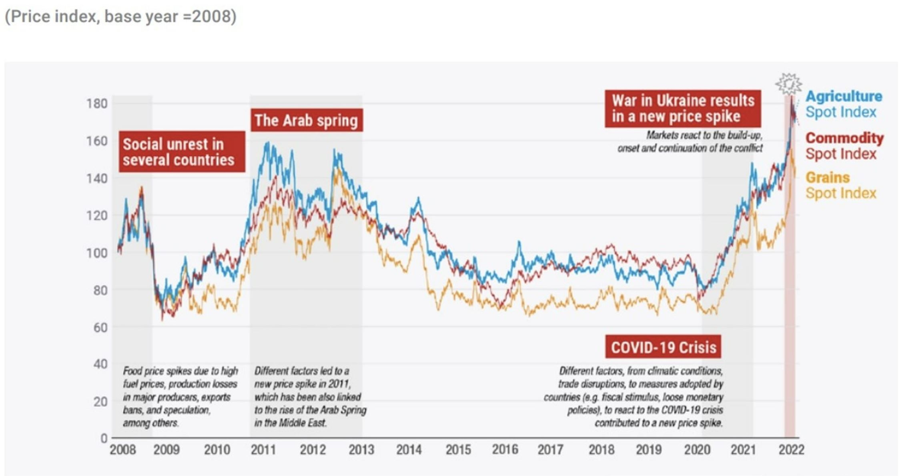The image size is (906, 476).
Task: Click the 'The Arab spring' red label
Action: [307, 120]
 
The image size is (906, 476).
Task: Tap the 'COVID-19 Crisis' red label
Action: [663, 347]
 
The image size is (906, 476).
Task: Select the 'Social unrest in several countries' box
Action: [182, 152]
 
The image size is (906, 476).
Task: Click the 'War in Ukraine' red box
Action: [683, 108]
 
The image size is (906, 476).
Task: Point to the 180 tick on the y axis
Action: [97, 104]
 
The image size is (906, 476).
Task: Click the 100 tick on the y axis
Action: [97, 253]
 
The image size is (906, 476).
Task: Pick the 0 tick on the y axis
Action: [103, 438]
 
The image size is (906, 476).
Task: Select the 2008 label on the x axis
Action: [122, 450]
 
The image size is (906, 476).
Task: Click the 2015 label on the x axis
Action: [458, 450]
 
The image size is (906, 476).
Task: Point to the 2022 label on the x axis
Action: [791, 450]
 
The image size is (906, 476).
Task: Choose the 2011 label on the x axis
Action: [263, 450]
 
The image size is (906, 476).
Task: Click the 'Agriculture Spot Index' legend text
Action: [843, 104]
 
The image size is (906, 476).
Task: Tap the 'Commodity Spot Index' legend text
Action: [844, 146]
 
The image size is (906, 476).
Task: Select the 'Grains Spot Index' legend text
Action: [840, 185]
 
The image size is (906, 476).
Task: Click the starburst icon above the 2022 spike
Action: [789, 84]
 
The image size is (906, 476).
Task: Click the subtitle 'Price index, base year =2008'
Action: [120, 16]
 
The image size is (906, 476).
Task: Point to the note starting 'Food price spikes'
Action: [180, 396]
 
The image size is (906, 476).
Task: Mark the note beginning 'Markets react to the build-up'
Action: [690, 141]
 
